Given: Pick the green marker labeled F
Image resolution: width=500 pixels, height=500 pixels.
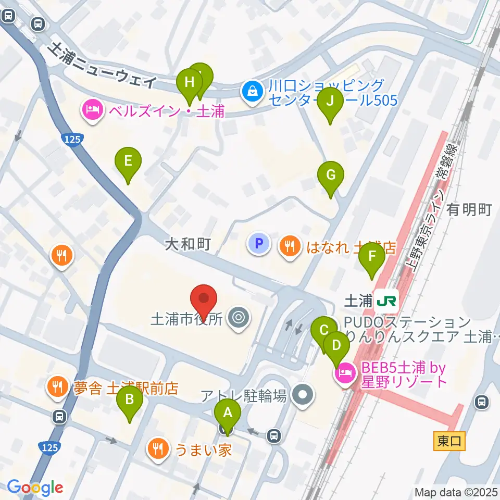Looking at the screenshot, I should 372,257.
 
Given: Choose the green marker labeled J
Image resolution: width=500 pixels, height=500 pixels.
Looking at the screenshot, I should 330,102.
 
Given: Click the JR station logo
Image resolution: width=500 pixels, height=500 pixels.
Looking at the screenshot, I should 387,301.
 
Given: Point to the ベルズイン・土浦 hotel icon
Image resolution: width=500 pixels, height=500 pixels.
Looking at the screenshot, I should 92,110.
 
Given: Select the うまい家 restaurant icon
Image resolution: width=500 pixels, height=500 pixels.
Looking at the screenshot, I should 157,449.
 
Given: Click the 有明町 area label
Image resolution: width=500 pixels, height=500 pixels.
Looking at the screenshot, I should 469,210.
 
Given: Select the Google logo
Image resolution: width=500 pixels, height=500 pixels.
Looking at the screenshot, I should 35,488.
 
